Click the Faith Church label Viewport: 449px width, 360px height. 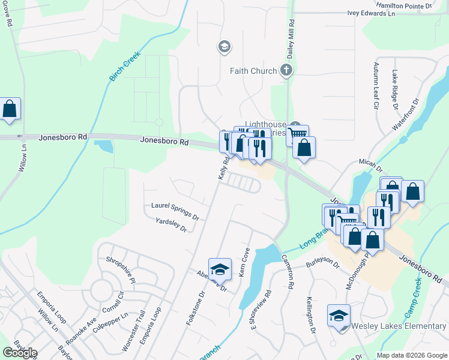pos(253,71)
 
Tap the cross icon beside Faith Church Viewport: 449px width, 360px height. pos(286,71)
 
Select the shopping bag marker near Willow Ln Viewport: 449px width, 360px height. pos(10,109)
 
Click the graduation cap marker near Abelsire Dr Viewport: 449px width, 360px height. pos(220,269)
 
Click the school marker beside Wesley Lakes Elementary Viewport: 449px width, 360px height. pos(339,316)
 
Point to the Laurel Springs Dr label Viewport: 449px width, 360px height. pos(175,209)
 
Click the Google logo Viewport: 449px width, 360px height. pos(20,353)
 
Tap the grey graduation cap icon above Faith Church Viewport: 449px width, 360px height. pos(224,47)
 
